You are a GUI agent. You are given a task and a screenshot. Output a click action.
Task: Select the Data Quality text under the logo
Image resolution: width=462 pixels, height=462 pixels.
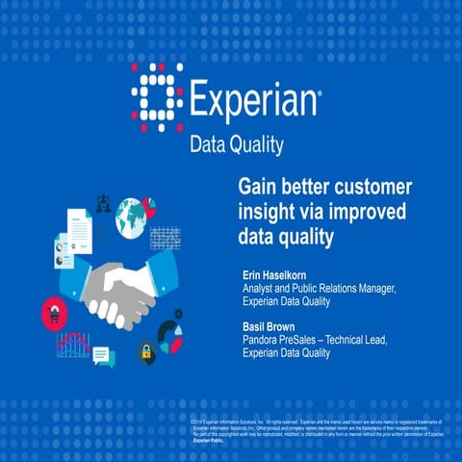coord(236,145)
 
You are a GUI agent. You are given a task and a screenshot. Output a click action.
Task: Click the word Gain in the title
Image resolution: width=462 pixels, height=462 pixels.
coord(257,186)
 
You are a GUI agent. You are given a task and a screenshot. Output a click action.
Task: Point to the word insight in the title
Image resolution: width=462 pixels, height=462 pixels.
coord(264,211)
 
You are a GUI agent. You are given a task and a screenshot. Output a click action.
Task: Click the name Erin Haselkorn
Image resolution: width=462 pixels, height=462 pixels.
coord(280,276)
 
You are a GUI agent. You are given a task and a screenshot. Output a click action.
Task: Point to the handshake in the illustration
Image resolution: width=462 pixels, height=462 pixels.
coord(124,290)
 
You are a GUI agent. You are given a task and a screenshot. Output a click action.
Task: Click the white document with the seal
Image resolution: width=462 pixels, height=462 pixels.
coord(78,231)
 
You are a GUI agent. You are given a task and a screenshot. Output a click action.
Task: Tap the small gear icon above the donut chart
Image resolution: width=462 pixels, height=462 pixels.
coord(178,314)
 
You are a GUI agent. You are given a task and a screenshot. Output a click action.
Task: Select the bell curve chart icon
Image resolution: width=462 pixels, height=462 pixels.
coord(73,344)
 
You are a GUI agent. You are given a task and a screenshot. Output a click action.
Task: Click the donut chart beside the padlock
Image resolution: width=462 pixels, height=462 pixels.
coord(170,337)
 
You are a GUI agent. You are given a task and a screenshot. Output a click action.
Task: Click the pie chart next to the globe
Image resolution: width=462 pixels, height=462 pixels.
coord(149,206)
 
